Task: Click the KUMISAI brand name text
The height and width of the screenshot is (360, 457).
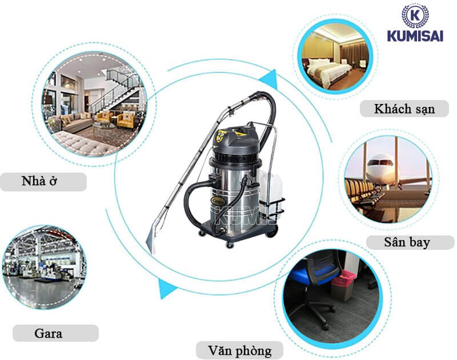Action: pos(415,36)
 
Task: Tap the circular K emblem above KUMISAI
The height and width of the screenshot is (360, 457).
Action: pos(415,15)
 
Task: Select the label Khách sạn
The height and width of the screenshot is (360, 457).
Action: pos(404,109)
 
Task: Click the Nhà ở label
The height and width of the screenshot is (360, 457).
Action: pos(39,181)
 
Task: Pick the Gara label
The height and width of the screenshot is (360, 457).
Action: pos(49,333)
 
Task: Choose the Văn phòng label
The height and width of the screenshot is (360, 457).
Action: pos(239,350)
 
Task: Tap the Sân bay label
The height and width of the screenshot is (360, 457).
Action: pos(407,242)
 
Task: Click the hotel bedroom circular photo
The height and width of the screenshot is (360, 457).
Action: pos(335,56)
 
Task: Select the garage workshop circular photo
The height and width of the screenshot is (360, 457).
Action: pos(45,267)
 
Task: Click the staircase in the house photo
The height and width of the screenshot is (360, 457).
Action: pos(118,91)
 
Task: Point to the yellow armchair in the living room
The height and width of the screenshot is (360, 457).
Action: pos(126,120)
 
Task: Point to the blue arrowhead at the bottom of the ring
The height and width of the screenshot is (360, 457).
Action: pos(166,289)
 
